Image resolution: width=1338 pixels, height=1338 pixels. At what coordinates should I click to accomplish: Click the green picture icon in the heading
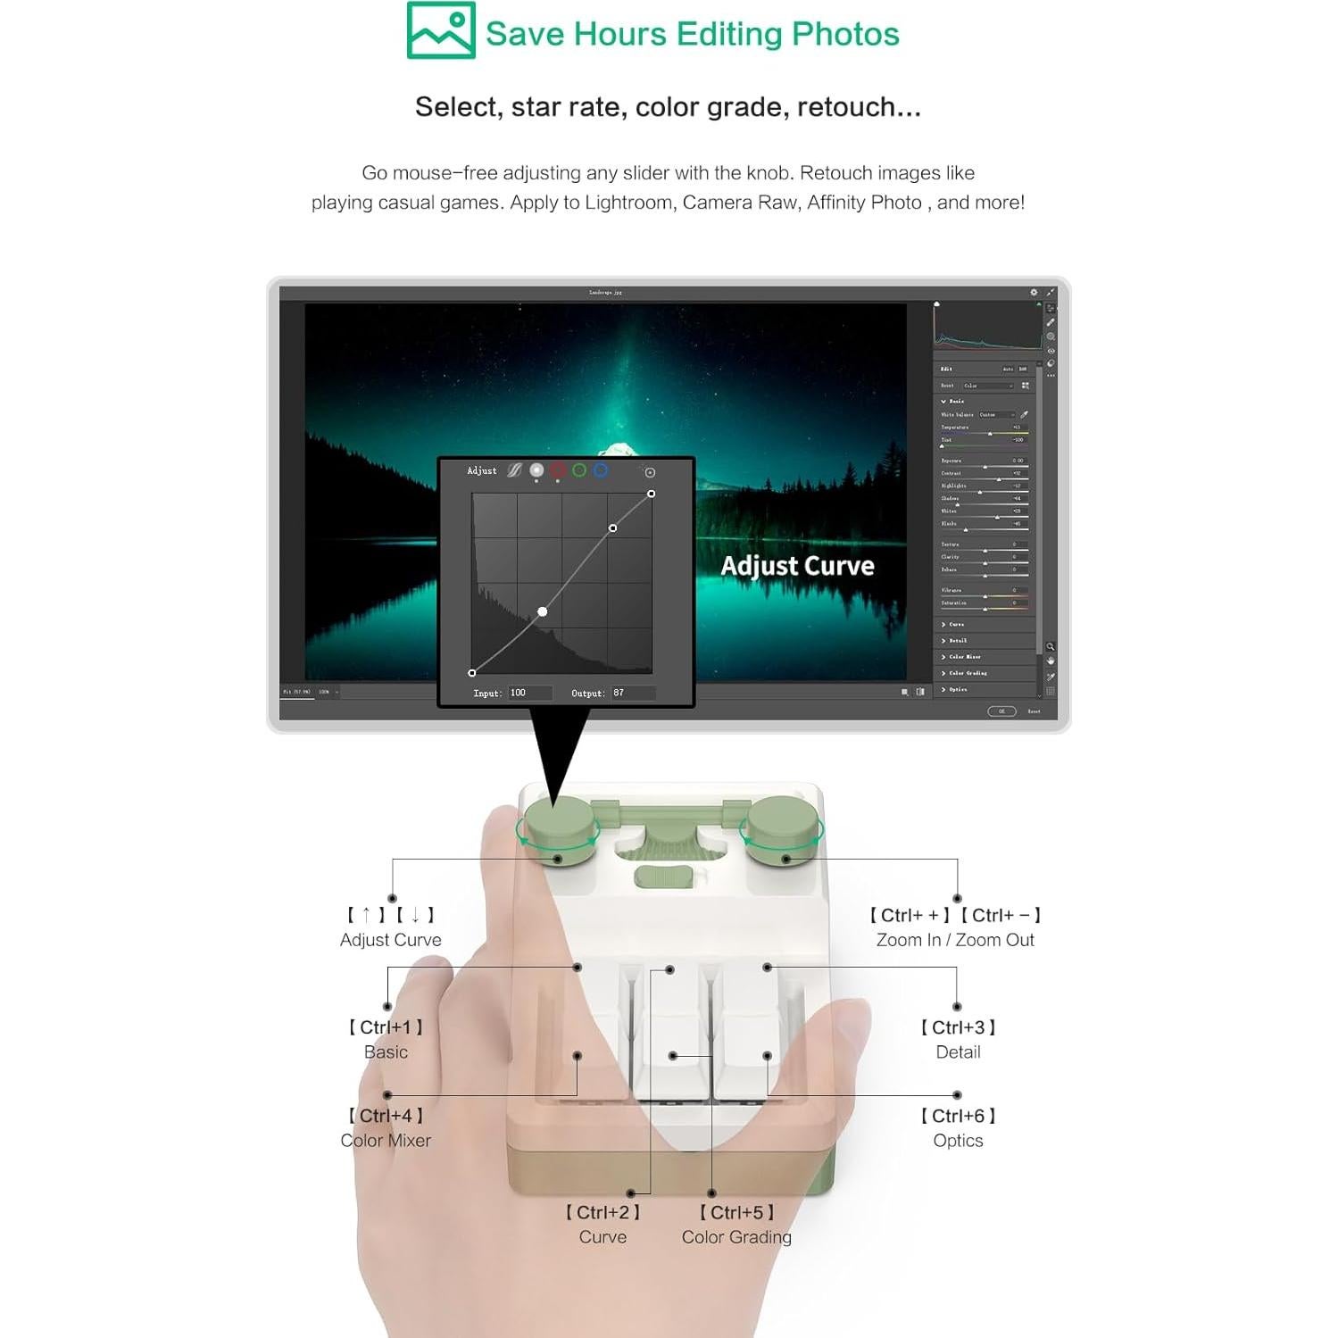440,30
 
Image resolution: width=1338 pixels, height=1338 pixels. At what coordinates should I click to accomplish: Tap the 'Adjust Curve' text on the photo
797,566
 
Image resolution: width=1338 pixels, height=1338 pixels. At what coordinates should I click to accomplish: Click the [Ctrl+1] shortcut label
386,1027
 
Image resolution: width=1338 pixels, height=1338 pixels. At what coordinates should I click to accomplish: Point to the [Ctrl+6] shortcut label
958,1116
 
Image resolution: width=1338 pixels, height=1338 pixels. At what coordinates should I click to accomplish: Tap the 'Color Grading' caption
736,1237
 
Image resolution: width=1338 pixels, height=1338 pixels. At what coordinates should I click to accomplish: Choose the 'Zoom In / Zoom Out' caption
955,940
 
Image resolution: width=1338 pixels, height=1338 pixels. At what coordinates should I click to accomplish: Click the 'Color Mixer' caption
386,1141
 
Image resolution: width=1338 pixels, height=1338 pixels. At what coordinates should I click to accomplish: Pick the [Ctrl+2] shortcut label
603,1212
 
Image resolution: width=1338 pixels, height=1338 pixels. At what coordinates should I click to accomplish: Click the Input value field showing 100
528,693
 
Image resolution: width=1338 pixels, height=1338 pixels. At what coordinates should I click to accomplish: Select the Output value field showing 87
632,693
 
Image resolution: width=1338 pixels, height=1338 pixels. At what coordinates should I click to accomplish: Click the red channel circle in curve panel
558,470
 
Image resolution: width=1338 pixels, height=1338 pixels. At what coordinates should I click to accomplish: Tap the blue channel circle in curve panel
601,470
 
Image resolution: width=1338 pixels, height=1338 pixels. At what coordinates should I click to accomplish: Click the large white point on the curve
543,611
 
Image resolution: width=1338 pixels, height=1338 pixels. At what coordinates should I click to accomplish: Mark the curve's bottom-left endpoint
472,673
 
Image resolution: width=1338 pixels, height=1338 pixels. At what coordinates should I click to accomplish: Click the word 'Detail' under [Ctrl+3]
958,1052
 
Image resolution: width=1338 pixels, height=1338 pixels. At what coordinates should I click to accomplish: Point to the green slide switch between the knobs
663,877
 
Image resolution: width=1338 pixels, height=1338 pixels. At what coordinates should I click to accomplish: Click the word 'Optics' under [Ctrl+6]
958,1141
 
